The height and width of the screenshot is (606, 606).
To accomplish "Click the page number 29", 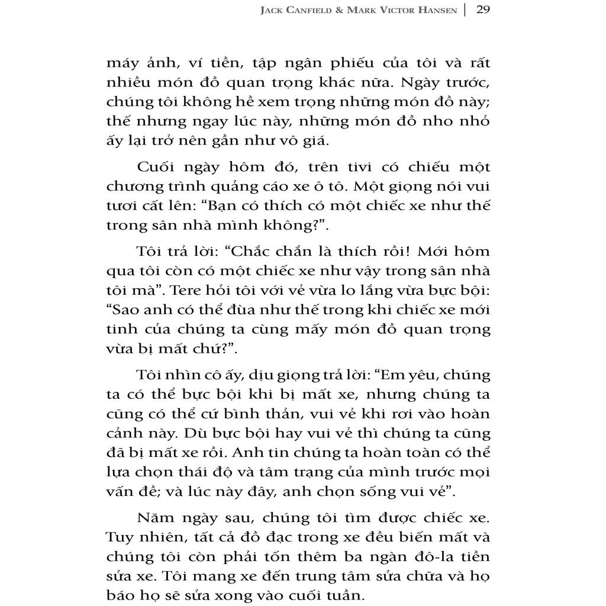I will (482, 10).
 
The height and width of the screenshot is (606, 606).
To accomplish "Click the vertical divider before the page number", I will (465, 10).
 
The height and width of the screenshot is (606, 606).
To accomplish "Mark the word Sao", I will (125, 309).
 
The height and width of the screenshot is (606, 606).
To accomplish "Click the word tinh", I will (123, 328).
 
